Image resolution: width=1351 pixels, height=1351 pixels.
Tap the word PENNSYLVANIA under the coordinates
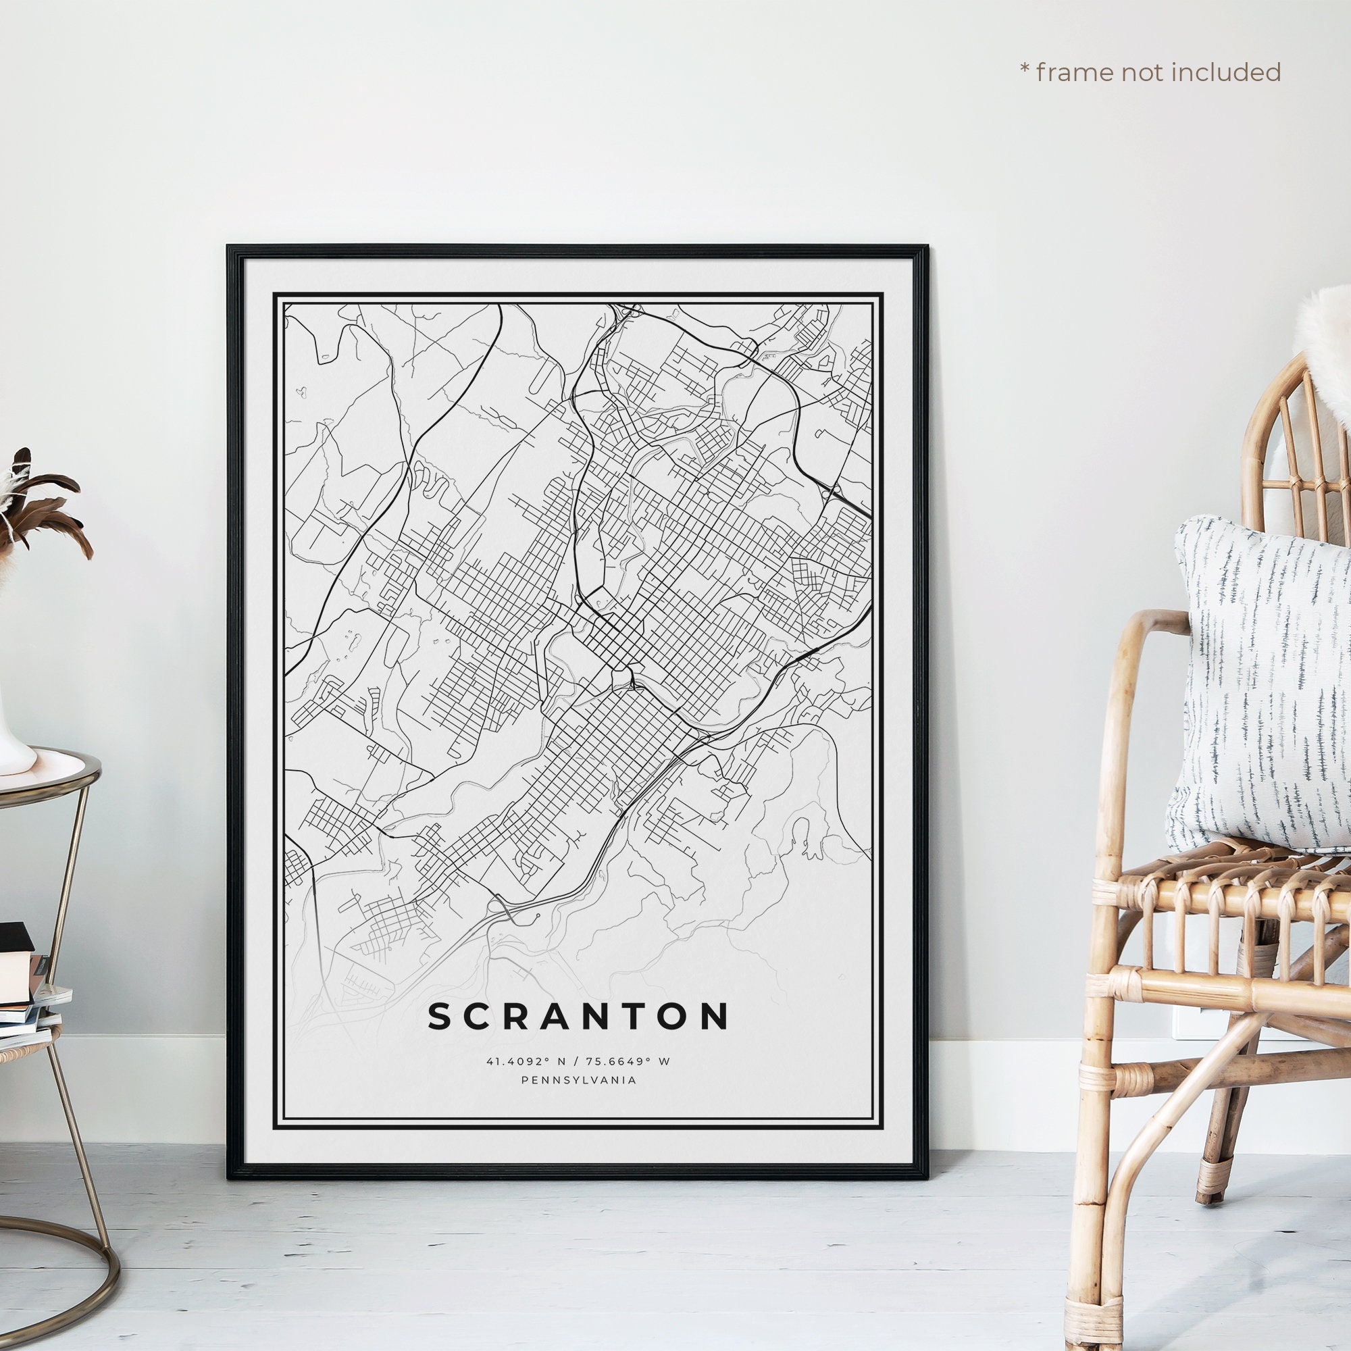click(579, 1080)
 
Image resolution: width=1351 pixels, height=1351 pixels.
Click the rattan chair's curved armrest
click(1147, 630)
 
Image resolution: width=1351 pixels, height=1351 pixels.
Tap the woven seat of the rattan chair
click(1231, 874)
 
